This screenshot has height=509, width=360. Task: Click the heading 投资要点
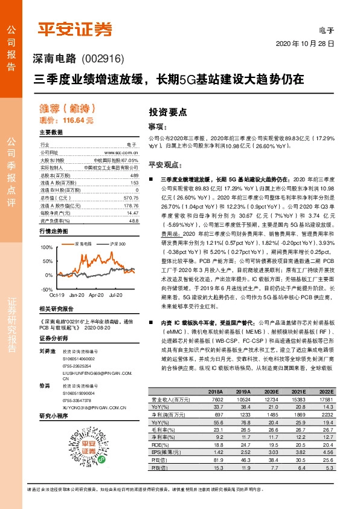[168, 112]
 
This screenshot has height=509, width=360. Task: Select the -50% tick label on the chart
[47, 290]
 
